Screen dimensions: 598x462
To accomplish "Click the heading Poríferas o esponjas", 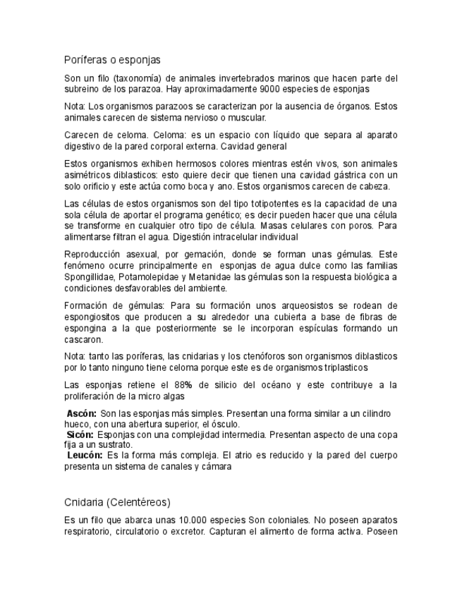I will (112, 60).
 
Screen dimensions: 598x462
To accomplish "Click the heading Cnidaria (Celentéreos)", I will (117, 502).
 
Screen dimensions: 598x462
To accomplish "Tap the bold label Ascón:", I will (82, 413).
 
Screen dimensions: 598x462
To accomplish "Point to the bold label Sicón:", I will (80, 434).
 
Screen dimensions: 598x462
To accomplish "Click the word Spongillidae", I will (89, 276).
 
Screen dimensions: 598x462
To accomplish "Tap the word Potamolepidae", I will (149, 276).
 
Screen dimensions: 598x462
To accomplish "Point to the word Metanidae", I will (212, 276).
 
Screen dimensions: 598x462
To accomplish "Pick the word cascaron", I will (84, 339).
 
